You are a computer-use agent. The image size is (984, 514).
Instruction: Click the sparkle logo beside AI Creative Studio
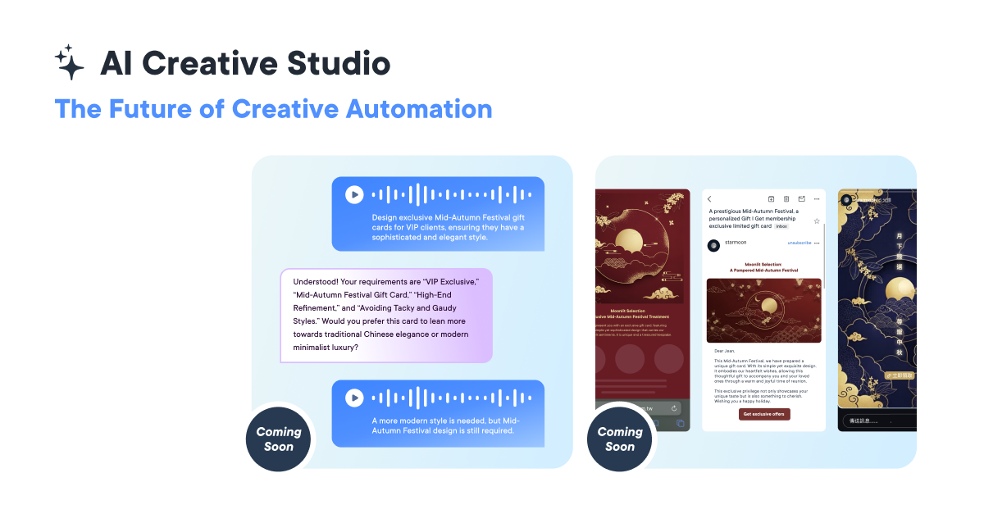coord(70,62)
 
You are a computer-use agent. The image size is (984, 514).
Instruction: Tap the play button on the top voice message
coord(353,194)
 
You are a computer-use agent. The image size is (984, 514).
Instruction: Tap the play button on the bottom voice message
coord(353,398)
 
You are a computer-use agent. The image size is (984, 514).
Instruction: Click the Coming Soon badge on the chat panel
coord(279,439)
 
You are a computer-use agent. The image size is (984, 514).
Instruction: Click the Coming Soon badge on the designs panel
coord(620,439)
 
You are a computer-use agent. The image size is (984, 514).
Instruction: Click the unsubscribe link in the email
coord(799,243)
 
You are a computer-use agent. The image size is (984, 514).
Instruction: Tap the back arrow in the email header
coord(710,198)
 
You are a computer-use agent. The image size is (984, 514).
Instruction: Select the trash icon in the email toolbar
coord(786,198)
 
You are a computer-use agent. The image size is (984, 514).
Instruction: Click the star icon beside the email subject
coord(817,221)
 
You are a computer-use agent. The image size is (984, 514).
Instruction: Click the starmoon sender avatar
coord(714,245)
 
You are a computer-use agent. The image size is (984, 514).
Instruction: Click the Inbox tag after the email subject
coord(782,225)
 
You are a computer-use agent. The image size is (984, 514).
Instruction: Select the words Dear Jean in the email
coord(726,350)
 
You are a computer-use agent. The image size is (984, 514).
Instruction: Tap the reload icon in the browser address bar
coord(673,407)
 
